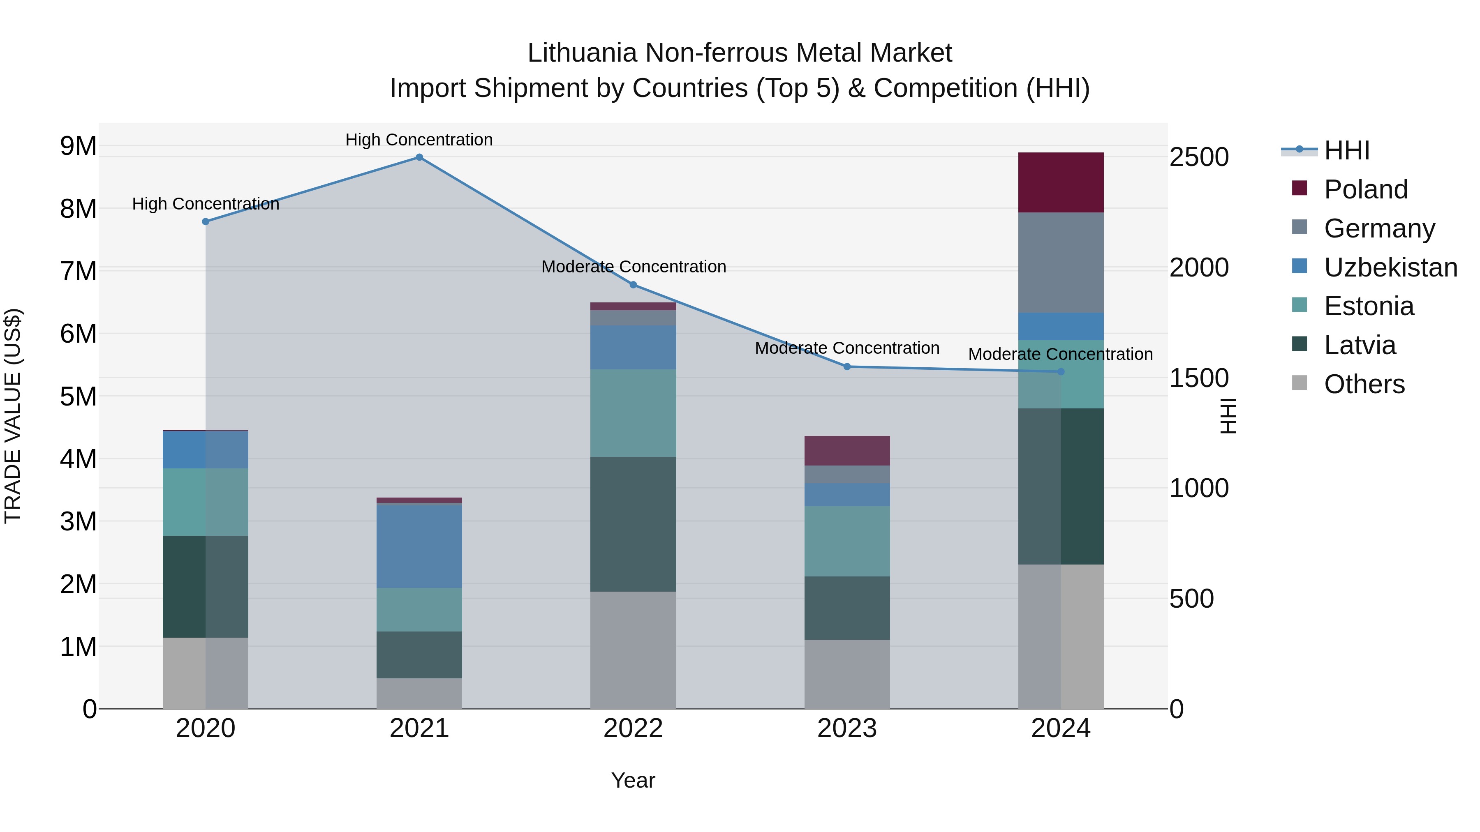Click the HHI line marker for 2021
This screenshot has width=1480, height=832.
coord(419,157)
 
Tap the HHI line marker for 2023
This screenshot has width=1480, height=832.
coord(847,366)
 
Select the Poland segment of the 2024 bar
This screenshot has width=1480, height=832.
coord(1061,182)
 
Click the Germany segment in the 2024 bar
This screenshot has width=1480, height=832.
coord(1061,263)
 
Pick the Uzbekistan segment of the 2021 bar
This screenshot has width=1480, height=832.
coord(419,546)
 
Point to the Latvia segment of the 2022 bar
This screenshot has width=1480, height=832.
coord(633,524)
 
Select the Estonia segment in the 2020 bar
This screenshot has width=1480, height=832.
coord(206,502)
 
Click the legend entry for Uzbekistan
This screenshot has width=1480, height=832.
coord(1390,267)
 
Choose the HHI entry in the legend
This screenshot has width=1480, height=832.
coord(1346,150)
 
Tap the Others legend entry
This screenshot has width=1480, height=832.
coord(1364,384)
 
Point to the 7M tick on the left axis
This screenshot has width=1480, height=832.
coord(78,271)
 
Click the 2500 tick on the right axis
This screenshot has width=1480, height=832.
coord(1199,157)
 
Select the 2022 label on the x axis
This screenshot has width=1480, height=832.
coord(633,728)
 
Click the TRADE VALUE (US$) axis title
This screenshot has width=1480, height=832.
coord(13,416)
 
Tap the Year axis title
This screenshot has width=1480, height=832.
coord(633,780)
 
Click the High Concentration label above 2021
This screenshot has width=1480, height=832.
coord(419,140)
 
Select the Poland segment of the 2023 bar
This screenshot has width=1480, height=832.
coord(847,451)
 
